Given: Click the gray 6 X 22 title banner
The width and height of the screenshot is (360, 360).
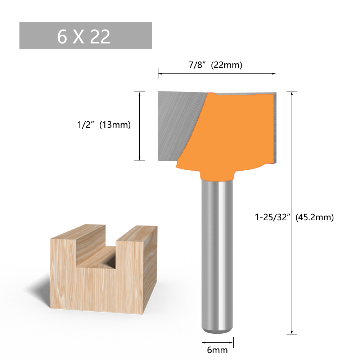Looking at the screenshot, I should coord(86,36).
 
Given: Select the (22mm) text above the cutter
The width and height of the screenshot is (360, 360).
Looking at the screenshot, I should coord(226,65).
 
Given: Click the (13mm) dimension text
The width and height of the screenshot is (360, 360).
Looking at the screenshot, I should coord(114,125).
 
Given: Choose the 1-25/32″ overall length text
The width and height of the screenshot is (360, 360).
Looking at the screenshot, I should coord(273,217).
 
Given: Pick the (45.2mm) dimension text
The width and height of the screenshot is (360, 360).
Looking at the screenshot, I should coord(314,217).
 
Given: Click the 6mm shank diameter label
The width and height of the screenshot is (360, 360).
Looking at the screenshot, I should coord(217,349).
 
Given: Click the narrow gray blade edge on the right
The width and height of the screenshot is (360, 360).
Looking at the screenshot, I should coord(274,126).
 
